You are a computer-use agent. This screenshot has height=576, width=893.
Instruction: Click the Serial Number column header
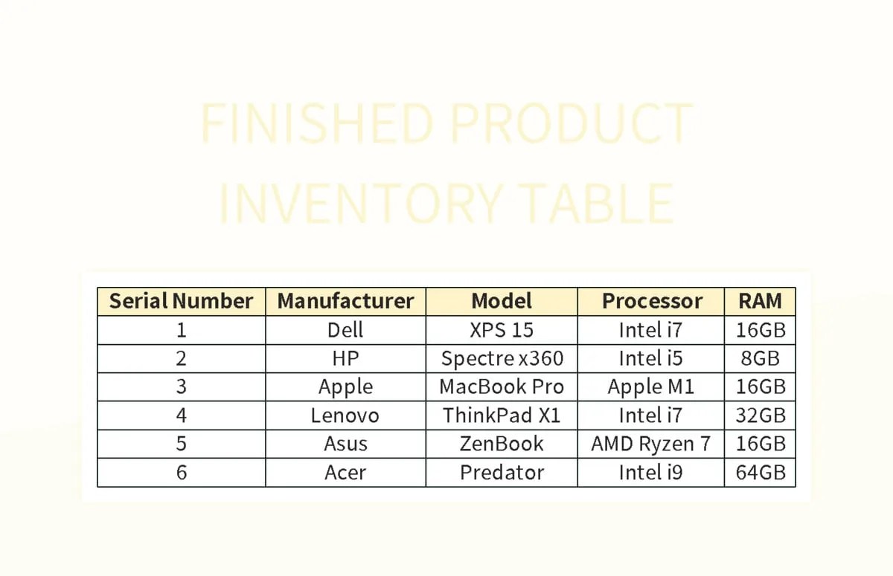coord(181,301)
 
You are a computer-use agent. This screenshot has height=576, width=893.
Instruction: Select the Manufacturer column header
coord(345,301)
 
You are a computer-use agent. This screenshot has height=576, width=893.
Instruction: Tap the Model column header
coord(502,301)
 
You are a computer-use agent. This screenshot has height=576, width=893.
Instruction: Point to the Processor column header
coord(651,301)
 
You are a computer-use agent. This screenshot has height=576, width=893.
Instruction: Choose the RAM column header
coord(760,301)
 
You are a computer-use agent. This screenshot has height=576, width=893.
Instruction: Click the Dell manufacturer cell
coord(345,330)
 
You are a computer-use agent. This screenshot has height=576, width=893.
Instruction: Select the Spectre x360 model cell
coord(502,359)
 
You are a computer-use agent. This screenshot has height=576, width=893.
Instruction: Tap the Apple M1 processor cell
coord(651,387)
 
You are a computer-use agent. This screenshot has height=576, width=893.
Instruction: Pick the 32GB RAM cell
coord(760,415)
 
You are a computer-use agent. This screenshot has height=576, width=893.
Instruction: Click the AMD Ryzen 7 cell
coord(651,444)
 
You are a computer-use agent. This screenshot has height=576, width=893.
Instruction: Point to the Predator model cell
coord(502,473)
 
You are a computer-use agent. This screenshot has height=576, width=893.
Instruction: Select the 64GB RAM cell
coord(760,473)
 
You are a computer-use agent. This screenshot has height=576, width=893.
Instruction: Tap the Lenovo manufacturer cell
coord(345,415)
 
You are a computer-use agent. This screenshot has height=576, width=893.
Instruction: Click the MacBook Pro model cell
coord(502,387)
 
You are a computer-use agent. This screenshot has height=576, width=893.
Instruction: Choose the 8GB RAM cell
coord(760,359)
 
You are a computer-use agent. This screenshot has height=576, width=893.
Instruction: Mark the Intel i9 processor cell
coord(651,473)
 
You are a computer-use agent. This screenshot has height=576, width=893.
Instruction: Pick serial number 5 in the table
coord(181,444)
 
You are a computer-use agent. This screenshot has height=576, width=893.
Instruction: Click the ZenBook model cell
coord(502,444)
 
